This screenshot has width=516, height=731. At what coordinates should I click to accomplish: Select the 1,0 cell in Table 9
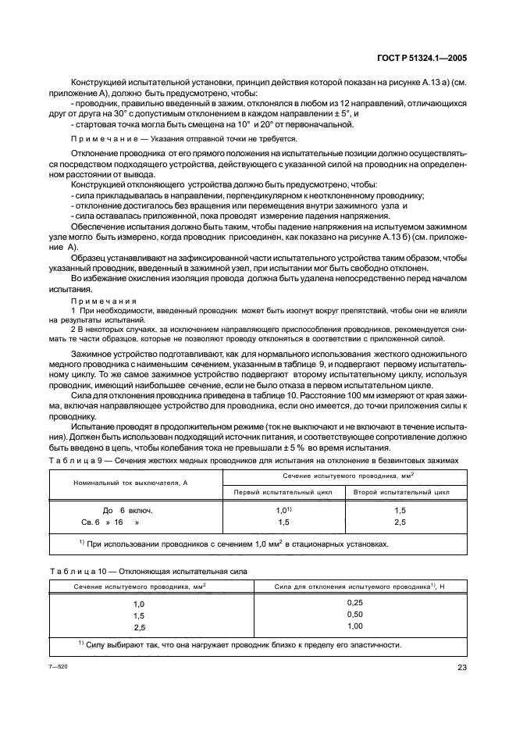(x=283, y=510)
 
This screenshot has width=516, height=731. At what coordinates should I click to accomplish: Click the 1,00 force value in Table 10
(x=355, y=626)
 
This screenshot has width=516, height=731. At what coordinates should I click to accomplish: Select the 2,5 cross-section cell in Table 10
(x=140, y=627)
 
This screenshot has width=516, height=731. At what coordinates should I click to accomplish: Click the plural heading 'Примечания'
(x=104, y=300)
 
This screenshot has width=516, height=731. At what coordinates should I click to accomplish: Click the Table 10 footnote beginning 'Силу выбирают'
(x=242, y=645)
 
